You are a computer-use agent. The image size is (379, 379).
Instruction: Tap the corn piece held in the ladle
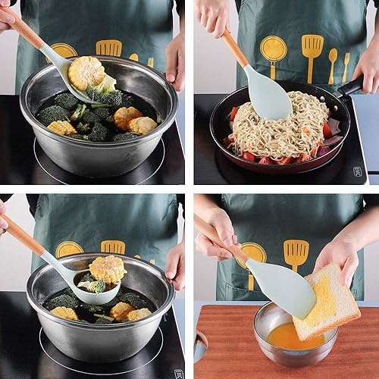pos(107,268)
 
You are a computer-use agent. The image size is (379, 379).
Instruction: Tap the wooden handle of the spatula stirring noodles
pos(233,47)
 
